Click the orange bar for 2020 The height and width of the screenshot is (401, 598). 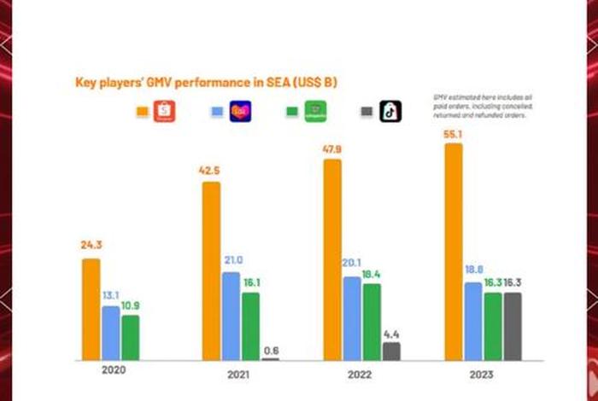91,309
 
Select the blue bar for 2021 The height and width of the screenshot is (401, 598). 231,316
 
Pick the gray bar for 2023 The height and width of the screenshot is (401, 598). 512,326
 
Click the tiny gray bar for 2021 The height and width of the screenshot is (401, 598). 271,359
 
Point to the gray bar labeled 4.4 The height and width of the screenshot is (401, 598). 391,351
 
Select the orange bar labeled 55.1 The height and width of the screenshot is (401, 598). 454,252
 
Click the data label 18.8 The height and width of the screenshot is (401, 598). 473,270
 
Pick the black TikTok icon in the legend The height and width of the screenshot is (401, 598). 390,112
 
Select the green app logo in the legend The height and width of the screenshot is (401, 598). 316,112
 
